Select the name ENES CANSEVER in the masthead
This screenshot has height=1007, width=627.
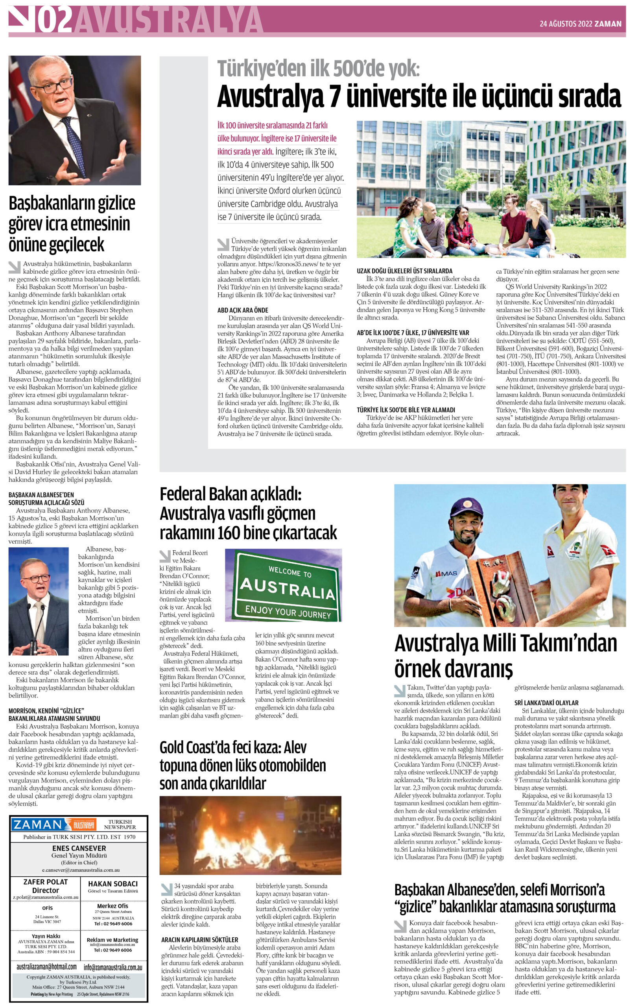pyautogui.click(x=79, y=848)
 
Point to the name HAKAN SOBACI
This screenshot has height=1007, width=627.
pyautogui.click(x=113, y=883)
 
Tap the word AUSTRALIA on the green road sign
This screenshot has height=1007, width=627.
pyautogui.click(x=288, y=589)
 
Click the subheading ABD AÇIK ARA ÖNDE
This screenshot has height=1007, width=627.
pyautogui.click(x=243, y=310)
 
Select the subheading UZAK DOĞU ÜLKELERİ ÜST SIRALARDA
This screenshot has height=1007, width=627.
pyautogui.click(x=404, y=271)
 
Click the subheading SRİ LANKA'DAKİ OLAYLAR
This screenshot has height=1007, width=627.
pyautogui.click(x=546, y=703)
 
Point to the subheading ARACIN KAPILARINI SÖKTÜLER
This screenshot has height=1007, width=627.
pyautogui.click(x=199, y=939)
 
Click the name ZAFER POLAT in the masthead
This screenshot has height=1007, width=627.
pyautogui.click(x=45, y=882)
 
